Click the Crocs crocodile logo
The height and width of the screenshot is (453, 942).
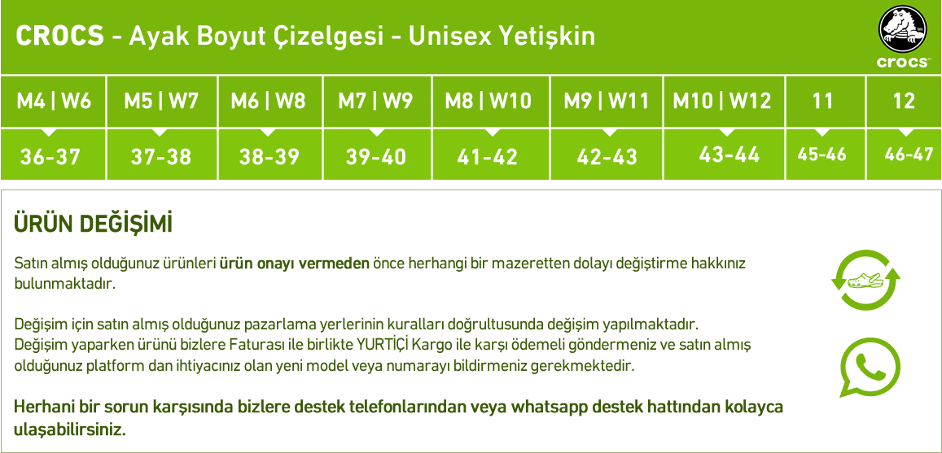pos(903,37)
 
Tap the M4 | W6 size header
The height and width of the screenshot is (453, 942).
pos(54,101)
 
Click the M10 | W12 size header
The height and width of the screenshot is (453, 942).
pos(722,101)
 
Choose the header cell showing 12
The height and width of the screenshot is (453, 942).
pos(904,101)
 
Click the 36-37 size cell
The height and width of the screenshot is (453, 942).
pos(50,157)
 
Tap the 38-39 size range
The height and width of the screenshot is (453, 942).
pos(269,157)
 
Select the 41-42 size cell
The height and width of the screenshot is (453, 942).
pos(487,157)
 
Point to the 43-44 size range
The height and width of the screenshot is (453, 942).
pos(730,155)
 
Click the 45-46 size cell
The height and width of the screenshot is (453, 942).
pos(822,155)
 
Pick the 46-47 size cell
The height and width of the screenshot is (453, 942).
pos(909,155)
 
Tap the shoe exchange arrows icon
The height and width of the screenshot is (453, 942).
pos(865,281)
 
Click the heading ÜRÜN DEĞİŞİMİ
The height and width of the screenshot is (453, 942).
pos(93,224)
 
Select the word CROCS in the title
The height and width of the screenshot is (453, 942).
pos(59,37)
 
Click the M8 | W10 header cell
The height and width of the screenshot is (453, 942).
pos(489,101)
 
